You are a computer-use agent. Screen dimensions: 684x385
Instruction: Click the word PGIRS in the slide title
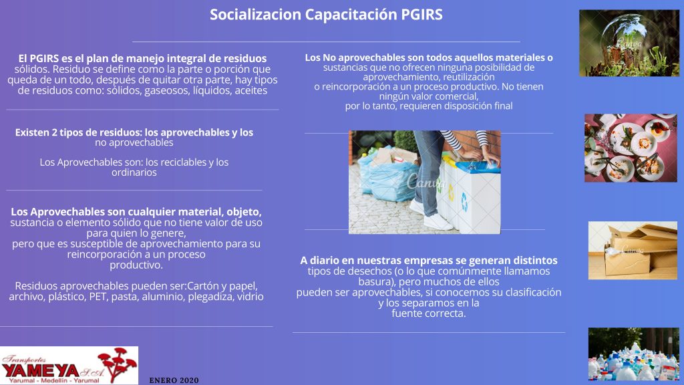(x=421, y=15)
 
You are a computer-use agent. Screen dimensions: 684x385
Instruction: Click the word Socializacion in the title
(x=255, y=15)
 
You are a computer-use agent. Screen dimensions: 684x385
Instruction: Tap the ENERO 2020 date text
(x=174, y=380)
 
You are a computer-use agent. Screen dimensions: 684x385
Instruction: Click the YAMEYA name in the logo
(x=40, y=371)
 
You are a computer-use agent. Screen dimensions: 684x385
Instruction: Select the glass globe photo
(x=629, y=43)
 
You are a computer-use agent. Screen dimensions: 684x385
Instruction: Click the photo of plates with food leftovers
(x=631, y=148)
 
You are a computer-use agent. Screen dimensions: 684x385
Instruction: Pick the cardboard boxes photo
(x=633, y=250)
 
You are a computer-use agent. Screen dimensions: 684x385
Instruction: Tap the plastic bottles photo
(x=633, y=354)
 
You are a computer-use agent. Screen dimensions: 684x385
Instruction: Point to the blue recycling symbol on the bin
(x=464, y=202)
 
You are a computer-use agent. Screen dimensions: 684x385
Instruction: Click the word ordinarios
(x=134, y=172)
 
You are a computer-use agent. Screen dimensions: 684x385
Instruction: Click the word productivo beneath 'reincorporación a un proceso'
(x=136, y=265)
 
